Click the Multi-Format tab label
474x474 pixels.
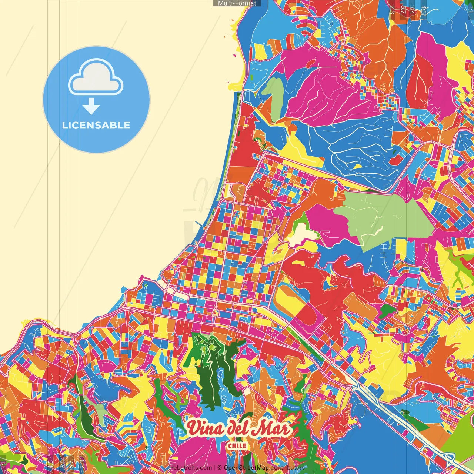[x=237, y=3]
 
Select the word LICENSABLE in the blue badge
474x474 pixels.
[x=96, y=125]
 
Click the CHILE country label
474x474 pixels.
[x=237, y=445]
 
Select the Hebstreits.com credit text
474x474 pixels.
[x=190, y=468]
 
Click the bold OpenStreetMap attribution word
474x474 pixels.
[x=246, y=468]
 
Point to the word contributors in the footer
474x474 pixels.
[x=288, y=468]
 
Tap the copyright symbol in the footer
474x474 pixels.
[x=220, y=468]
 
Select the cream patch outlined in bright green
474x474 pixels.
[x=302, y=233]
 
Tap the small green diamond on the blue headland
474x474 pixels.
[x=146, y=285]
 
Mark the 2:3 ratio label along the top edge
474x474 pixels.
[x=392, y=9]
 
